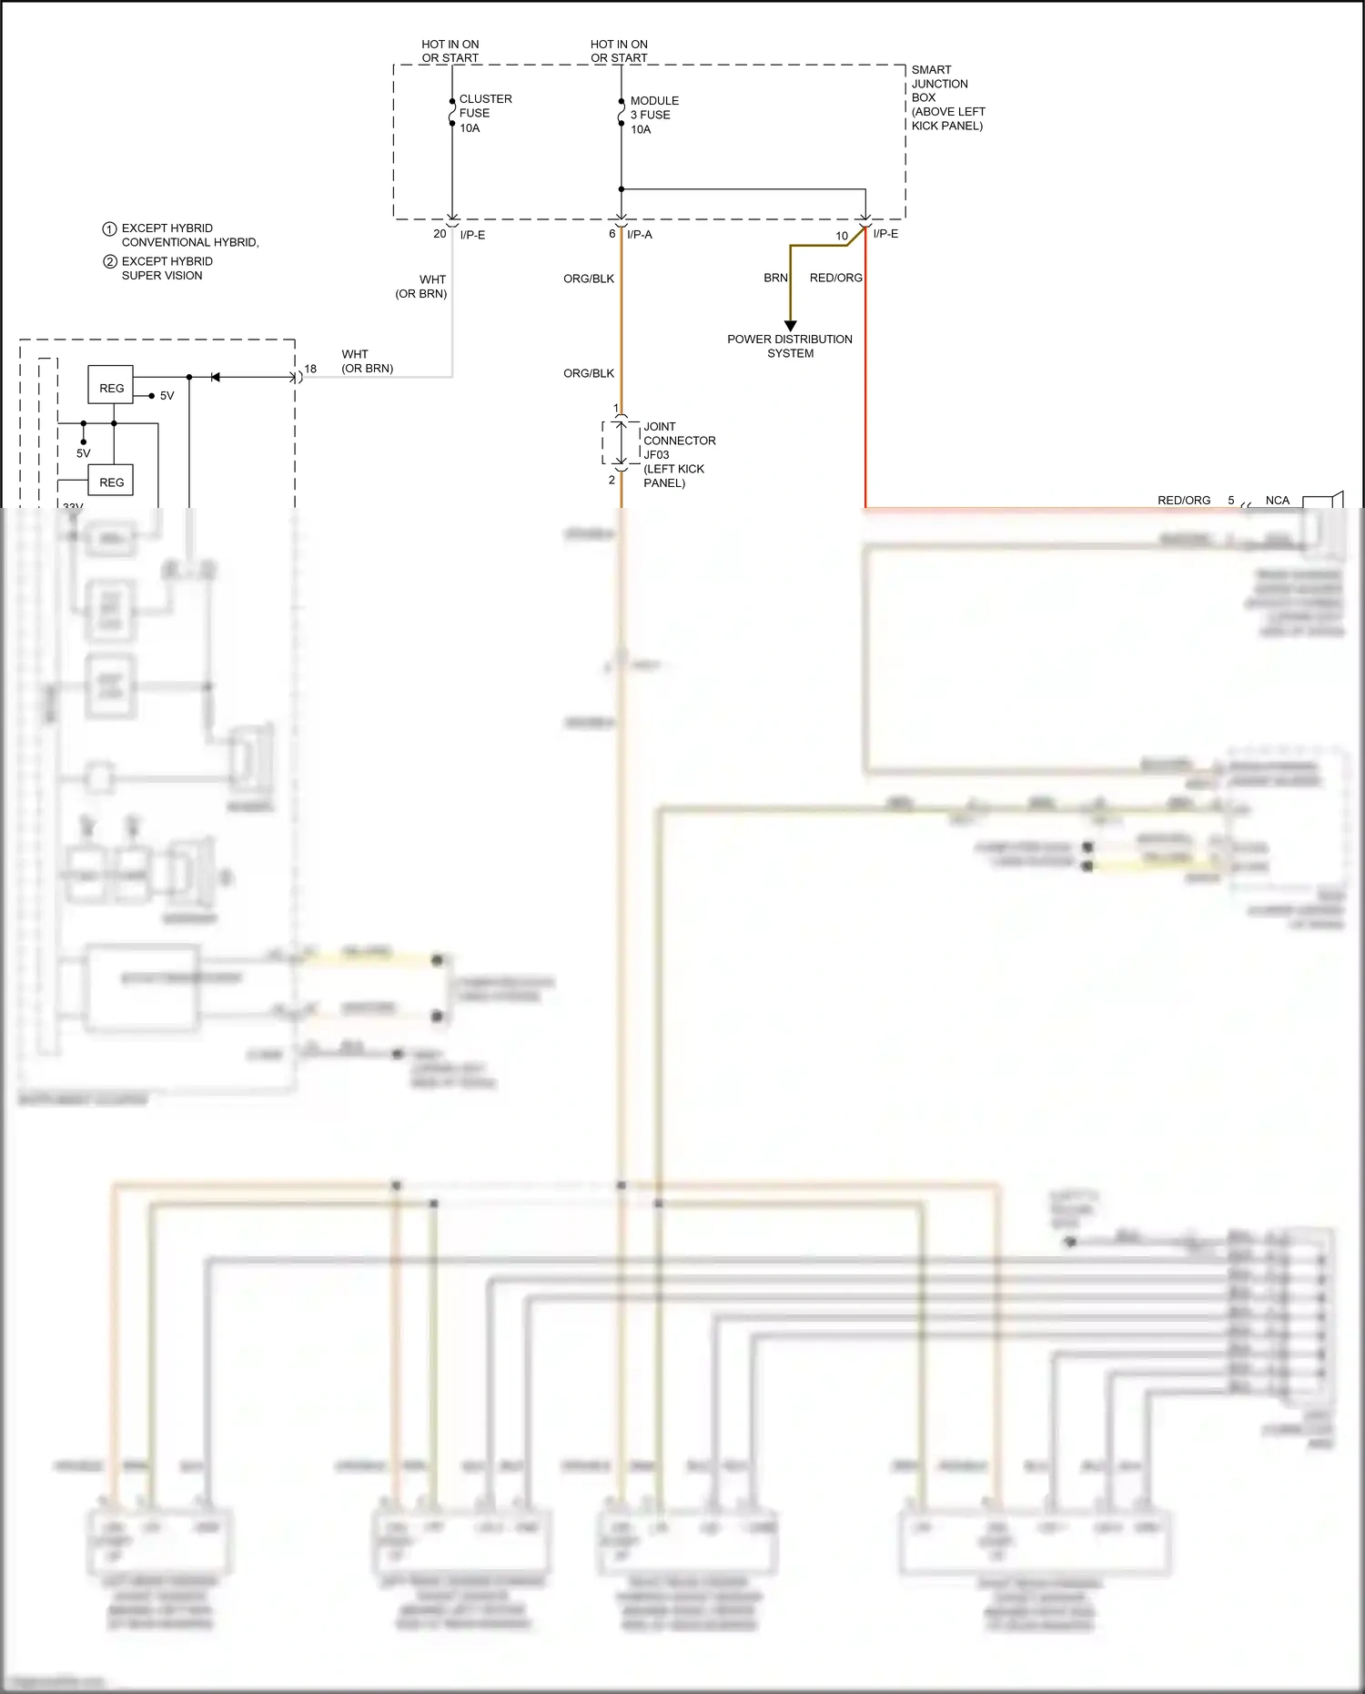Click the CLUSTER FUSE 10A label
(484, 113)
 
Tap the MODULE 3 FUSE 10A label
(653, 115)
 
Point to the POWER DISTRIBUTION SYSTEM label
(789, 346)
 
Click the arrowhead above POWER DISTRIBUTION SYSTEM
(790, 326)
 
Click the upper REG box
(111, 388)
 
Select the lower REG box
(111, 482)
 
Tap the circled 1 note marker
(109, 228)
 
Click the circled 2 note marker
(109, 261)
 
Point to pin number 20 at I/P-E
(440, 234)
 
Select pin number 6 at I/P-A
(612, 234)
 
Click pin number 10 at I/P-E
(842, 236)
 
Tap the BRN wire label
(775, 278)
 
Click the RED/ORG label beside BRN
(835, 278)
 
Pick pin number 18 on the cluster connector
(310, 369)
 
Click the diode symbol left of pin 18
(215, 377)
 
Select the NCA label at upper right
(1277, 501)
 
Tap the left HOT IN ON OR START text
(450, 51)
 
